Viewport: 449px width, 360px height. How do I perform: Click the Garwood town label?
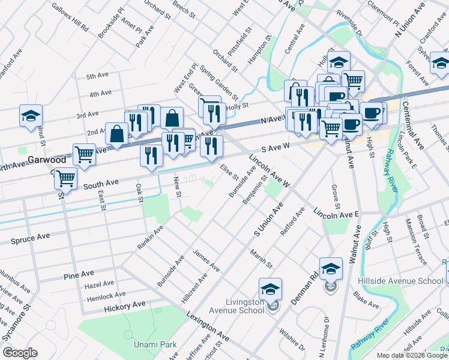tap(47, 160)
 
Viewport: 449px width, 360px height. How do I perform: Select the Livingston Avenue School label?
tap(237, 305)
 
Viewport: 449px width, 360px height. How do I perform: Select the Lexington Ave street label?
tap(208, 325)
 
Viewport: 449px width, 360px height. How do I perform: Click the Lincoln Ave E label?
tap(336, 213)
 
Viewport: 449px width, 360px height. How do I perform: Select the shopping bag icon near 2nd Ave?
tap(117, 134)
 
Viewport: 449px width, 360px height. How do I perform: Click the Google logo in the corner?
tap(20, 353)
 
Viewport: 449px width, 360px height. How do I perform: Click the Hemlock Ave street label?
tap(106, 295)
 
